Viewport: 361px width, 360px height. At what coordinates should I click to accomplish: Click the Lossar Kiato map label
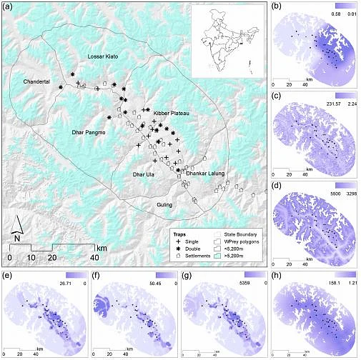click(102, 56)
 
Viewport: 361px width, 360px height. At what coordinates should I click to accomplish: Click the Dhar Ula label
click(144, 174)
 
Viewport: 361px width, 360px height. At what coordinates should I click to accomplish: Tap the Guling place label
click(165, 205)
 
